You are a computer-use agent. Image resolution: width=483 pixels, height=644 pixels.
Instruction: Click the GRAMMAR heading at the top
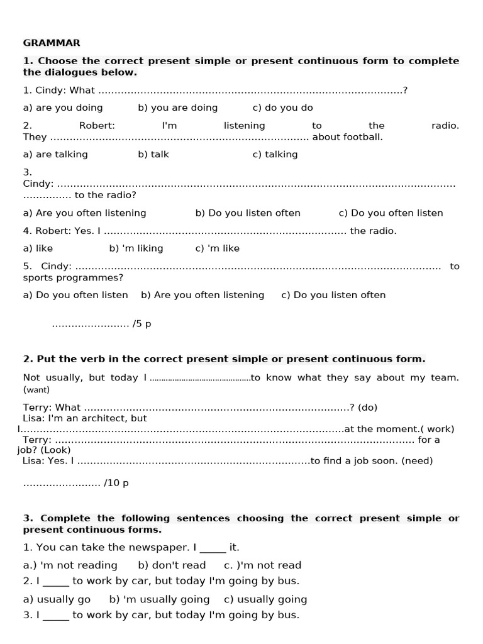[x=52, y=43]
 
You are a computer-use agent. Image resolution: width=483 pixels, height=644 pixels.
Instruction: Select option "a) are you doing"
[x=63, y=108]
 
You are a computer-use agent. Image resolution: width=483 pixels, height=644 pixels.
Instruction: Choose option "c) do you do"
[x=282, y=108]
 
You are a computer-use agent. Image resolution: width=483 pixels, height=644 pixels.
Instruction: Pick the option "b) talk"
[x=153, y=154]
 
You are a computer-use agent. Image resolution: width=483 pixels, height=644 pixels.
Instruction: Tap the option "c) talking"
[x=275, y=154]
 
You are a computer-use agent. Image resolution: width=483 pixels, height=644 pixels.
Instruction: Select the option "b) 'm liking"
[x=136, y=248]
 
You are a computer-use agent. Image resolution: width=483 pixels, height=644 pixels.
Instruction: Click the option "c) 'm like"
[x=217, y=248]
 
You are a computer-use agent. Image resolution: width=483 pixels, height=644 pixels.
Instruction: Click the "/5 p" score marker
[x=142, y=325]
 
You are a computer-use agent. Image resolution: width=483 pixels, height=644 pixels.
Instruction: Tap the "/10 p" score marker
[x=116, y=483]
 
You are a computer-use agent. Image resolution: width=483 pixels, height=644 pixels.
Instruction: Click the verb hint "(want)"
[x=36, y=389]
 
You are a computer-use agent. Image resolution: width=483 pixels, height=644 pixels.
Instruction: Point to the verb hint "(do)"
[x=367, y=408]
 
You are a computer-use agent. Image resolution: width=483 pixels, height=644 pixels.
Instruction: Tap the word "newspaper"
[x=143, y=547]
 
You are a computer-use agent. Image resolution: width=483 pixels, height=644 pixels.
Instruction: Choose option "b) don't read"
[x=172, y=565]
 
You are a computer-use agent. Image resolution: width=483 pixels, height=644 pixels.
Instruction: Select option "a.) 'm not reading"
[x=70, y=565]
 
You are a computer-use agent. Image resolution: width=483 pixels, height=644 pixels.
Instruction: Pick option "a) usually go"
[x=57, y=599]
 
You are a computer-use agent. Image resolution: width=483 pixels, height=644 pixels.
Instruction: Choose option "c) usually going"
[x=265, y=599]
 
